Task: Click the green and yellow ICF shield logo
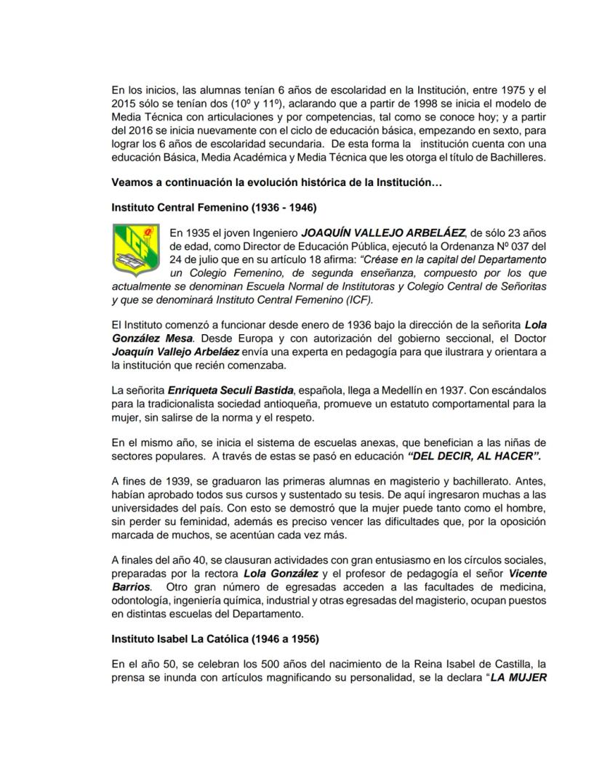click(x=135, y=250)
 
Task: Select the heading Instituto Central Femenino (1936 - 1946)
click(x=214, y=207)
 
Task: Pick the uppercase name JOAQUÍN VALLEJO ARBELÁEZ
click(x=383, y=233)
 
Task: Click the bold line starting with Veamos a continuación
click(x=276, y=183)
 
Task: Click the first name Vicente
click(x=526, y=574)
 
